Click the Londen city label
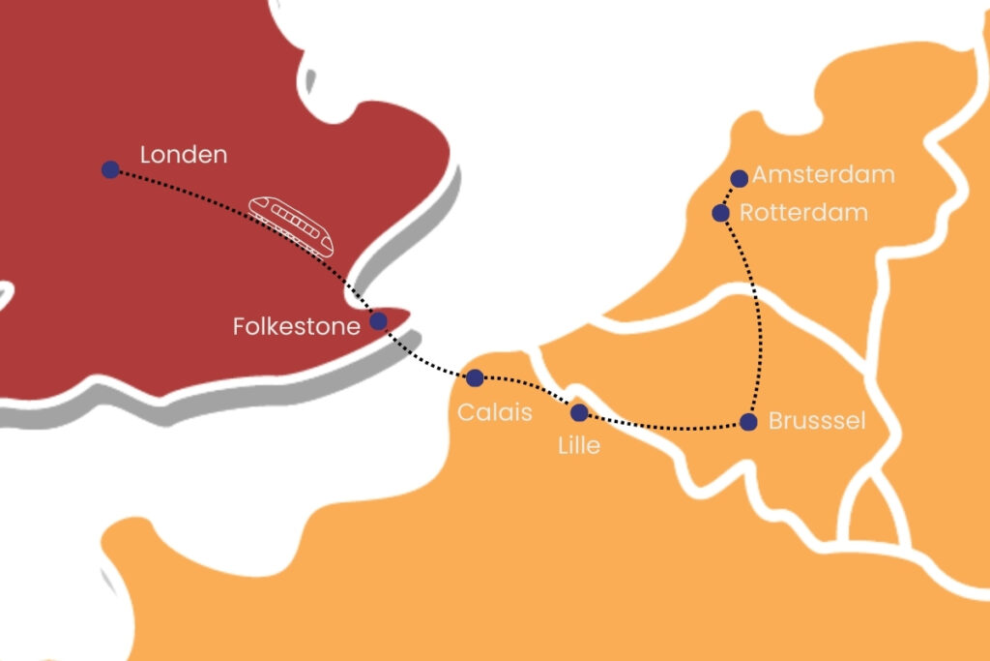[184, 155]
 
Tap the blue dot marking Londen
[110, 169]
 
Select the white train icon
[291, 225]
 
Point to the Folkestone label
[296, 327]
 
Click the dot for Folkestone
[378, 321]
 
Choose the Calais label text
[495, 413]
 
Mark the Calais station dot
[475, 377]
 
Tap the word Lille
[579, 446]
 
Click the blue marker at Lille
[579, 413]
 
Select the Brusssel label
[817, 422]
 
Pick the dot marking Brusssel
[747, 421]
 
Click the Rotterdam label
[803, 213]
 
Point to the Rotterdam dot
[720, 212]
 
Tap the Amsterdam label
[824, 175]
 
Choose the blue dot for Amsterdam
[739, 178]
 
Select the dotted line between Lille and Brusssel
[667, 427]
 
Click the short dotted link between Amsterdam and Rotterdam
[729, 195]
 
